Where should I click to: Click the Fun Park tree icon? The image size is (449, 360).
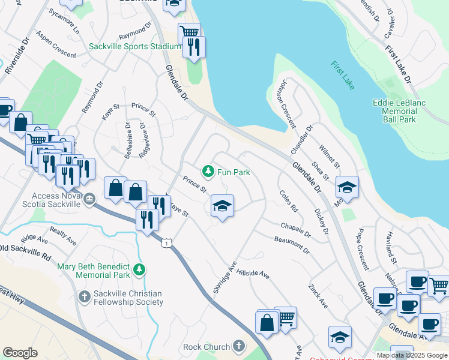point(208,172)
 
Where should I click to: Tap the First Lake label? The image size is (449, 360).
point(342,74)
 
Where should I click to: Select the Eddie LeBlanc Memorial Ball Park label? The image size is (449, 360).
point(399,111)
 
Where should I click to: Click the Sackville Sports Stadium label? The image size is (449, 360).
point(134,46)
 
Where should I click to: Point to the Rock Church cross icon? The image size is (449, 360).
point(239,346)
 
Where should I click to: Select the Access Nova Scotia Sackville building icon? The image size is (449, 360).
point(89,199)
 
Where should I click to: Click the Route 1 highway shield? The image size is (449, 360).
point(166,242)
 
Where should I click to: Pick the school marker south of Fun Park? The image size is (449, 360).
point(222,206)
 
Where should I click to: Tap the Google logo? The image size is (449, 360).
point(20,353)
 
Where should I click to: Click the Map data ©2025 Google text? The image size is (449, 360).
point(411,355)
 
